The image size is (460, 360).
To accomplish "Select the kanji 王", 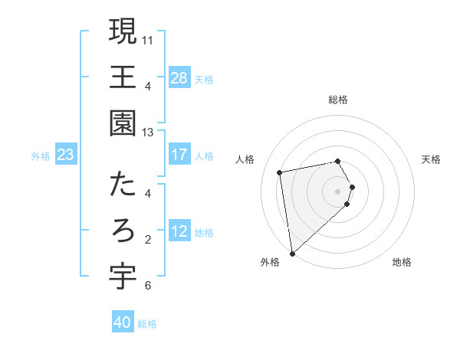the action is click(x=123, y=77).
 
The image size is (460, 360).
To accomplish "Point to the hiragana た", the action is click(x=123, y=184).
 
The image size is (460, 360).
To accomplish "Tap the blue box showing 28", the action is click(x=179, y=78).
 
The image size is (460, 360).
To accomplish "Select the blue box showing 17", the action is click(x=179, y=155).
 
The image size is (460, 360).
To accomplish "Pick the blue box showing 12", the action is click(x=179, y=232).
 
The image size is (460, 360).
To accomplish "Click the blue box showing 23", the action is click(x=66, y=155).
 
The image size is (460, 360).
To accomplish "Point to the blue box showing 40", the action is click(x=123, y=322).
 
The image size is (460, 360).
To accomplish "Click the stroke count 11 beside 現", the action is click(x=149, y=39).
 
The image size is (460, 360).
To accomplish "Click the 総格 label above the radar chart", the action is click(x=338, y=100).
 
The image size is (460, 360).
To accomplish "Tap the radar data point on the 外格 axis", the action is click(x=292, y=253).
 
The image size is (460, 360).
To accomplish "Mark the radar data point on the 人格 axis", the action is click(x=280, y=172).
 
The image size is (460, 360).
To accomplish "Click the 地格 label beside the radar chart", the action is click(x=402, y=262).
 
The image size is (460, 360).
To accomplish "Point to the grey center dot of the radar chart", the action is click(x=338, y=191).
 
